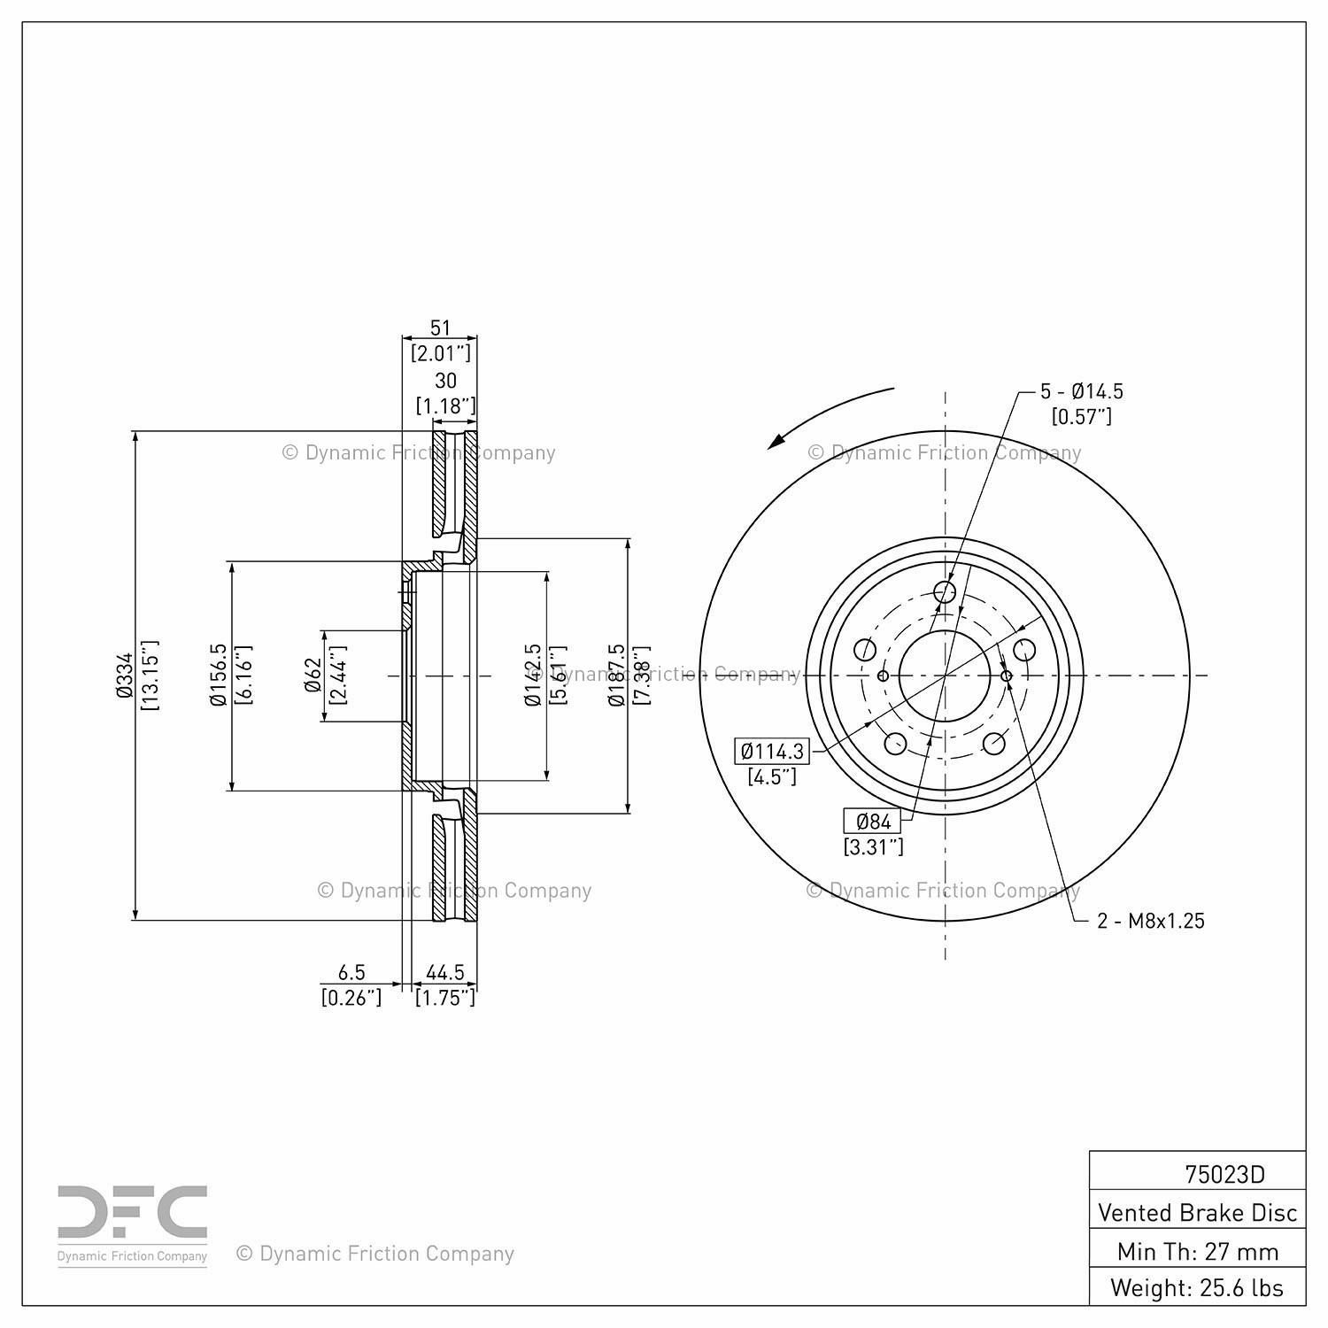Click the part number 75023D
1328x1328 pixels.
(x=1224, y=1174)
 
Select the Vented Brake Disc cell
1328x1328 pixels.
(x=1197, y=1212)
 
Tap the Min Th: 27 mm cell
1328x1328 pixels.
(x=1197, y=1251)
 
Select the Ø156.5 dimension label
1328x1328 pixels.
(x=219, y=676)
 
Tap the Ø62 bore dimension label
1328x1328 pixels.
(x=312, y=676)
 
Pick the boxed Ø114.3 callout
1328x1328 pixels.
(x=772, y=752)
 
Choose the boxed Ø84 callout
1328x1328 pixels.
(x=873, y=821)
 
